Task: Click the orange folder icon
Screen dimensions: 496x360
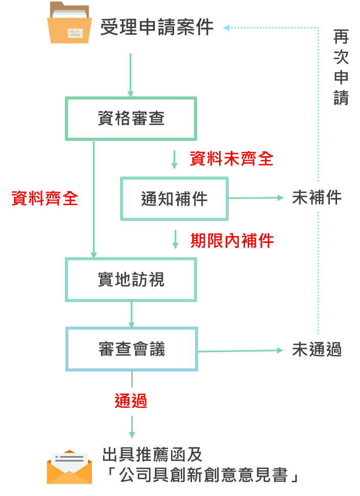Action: [69, 23]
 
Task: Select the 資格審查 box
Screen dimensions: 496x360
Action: [131, 118]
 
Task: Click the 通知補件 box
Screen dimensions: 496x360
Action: [174, 199]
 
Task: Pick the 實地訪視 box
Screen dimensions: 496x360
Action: [131, 280]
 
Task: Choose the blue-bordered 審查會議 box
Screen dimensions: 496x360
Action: [132, 349]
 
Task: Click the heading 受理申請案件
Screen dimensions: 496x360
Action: [157, 27]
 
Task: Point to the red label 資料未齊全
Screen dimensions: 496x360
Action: [231, 159]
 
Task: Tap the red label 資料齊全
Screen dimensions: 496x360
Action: [44, 198]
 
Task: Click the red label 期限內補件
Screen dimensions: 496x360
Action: [232, 240]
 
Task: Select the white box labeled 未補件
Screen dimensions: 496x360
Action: [317, 197]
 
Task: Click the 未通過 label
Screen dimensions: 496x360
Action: [317, 350]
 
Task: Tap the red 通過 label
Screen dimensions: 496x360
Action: [131, 401]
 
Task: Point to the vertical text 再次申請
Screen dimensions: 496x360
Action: [341, 67]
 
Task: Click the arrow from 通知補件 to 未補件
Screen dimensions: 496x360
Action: [255, 198]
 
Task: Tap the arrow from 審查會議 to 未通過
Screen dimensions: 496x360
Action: [240, 350]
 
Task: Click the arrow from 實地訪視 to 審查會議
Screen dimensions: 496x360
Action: [132, 314]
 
